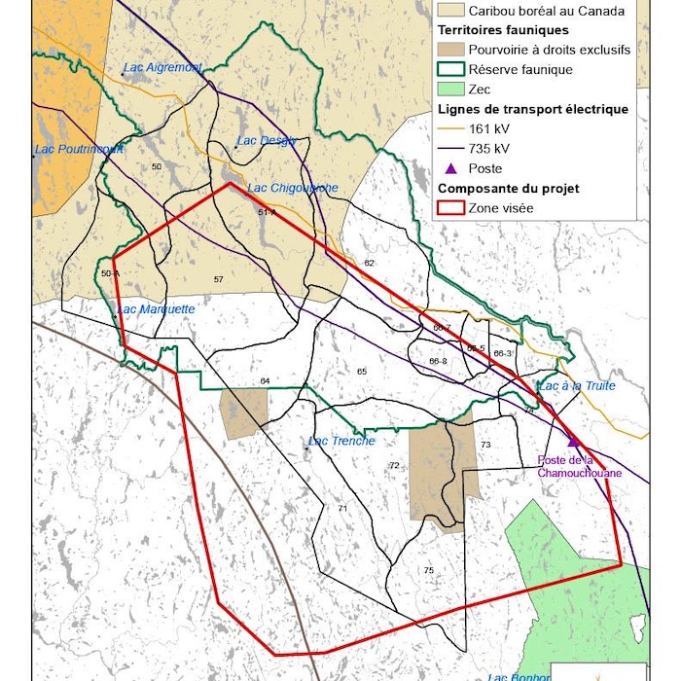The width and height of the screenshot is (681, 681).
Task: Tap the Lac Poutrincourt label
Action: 79,150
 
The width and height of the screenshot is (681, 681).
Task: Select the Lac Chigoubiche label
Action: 293,188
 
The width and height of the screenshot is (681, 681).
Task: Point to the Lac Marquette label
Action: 156,309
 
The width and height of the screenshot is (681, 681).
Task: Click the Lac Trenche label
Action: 340,442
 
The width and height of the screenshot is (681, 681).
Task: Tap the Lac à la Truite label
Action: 577,386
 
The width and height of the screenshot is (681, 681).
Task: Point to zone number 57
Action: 218,280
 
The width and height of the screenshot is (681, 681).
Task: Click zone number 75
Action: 428,570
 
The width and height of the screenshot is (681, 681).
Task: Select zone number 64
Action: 265,380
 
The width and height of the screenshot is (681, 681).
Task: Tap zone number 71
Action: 342,509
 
